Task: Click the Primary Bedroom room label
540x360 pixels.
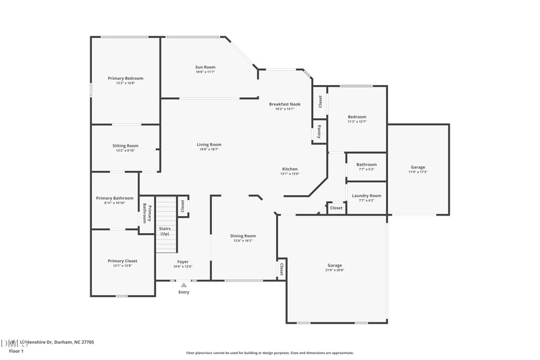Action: point(126,78)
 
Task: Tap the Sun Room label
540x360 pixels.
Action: point(205,68)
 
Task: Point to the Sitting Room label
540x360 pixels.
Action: point(126,146)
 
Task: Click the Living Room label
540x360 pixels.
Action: point(209,145)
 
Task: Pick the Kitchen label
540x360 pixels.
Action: point(290,169)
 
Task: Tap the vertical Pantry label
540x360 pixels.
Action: point(319,131)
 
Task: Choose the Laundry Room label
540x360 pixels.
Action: point(367,196)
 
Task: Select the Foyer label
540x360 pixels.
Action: point(183,261)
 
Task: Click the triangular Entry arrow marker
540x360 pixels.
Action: point(184,285)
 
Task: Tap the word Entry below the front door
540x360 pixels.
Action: point(184,292)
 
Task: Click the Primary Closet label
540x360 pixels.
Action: point(122,261)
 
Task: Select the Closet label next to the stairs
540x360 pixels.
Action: point(182,206)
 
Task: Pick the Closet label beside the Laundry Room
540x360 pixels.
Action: point(336,208)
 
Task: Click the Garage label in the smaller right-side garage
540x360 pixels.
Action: point(418,167)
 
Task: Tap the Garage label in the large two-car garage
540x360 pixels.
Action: point(335,265)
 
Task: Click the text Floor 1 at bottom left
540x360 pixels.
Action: point(16,351)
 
